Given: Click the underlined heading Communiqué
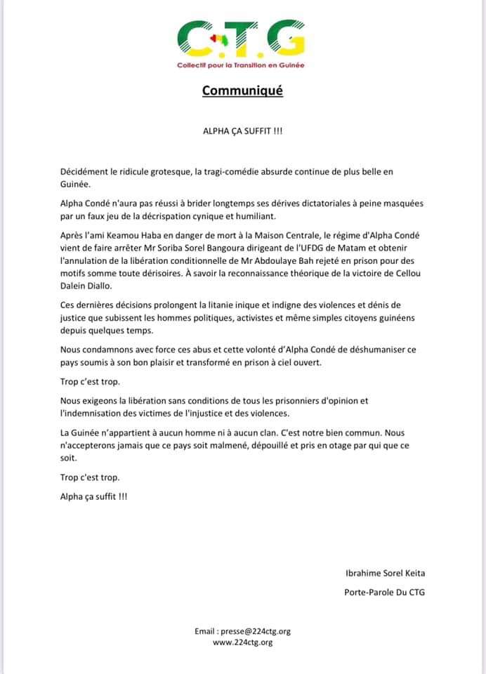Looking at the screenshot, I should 242,91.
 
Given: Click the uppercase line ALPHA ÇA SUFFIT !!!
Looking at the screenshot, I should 242,131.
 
